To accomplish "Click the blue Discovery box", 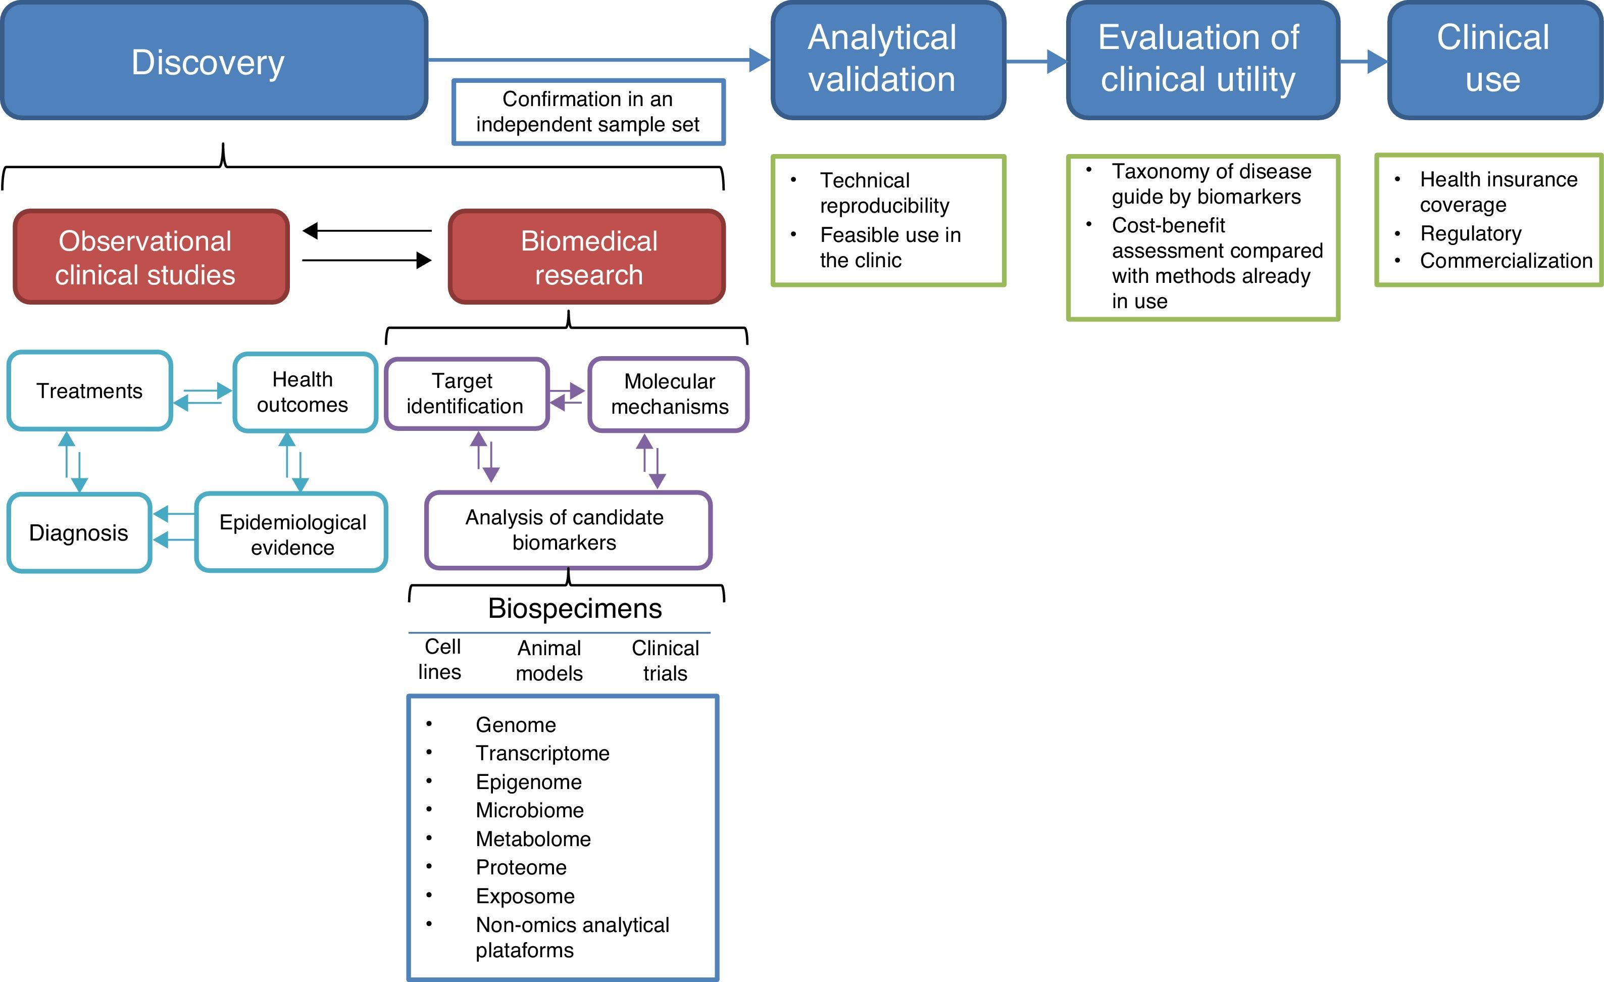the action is click(x=214, y=61).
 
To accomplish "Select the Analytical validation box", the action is click(x=888, y=61).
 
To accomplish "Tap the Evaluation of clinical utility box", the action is click(x=1203, y=61).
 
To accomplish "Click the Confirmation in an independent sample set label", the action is click(x=588, y=112).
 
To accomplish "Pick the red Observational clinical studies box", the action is click(x=151, y=257).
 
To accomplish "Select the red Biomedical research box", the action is click(x=586, y=257).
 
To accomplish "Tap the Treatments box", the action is click(x=90, y=390).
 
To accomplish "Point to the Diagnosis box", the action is click(x=79, y=533).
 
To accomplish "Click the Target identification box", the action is click(x=467, y=394).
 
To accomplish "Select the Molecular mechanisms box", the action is click(x=669, y=394).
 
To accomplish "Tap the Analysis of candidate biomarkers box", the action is click(x=568, y=530).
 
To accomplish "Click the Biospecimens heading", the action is click(x=575, y=608).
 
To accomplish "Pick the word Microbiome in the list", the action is click(x=530, y=810).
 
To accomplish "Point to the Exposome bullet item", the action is click(x=525, y=896).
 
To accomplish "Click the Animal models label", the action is click(x=549, y=660).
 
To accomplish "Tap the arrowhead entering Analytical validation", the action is click(x=761, y=60).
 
